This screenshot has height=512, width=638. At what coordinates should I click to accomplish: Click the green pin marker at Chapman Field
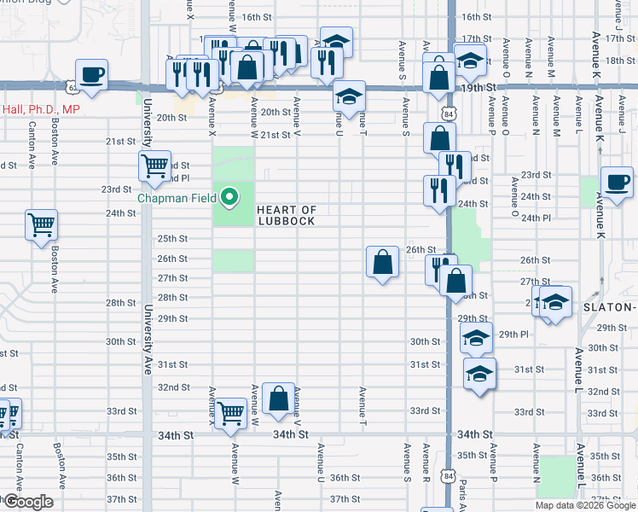(229, 198)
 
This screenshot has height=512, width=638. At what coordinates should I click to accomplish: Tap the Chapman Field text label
(178, 198)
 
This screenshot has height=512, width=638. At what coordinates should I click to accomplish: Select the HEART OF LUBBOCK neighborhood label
(287, 215)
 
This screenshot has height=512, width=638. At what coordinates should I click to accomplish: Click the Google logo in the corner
(28, 502)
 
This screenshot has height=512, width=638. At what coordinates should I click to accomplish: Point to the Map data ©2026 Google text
(585, 505)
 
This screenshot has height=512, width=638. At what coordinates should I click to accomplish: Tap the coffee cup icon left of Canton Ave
(91, 74)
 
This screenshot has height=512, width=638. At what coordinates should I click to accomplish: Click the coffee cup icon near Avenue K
(616, 182)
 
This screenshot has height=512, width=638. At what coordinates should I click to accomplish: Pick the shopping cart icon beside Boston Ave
(42, 225)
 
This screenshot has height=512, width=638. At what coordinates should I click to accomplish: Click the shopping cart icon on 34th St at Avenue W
(231, 414)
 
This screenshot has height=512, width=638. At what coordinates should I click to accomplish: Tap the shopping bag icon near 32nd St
(279, 398)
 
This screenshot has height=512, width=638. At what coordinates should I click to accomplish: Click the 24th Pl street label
(535, 218)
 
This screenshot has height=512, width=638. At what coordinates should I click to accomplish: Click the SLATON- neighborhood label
(609, 307)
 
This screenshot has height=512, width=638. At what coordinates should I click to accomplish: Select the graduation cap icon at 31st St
(479, 374)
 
